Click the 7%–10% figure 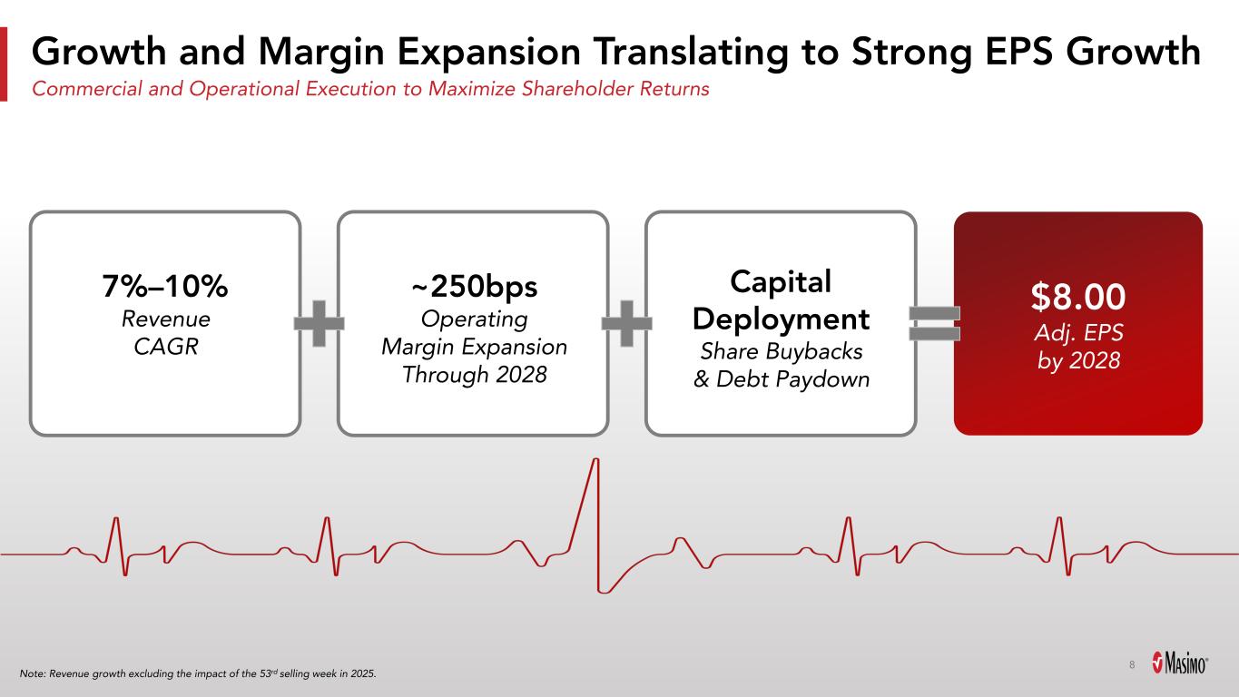pyautogui.click(x=165, y=286)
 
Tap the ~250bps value pyautogui.click(x=474, y=287)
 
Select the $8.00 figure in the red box pyautogui.click(x=1078, y=297)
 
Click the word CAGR pyautogui.click(x=166, y=347)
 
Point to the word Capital pyautogui.click(x=781, y=282)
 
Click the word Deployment pyautogui.click(x=781, y=319)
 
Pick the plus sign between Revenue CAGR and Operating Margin pyautogui.click(x=319, y=324)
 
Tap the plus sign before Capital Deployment pyautogui.click(x=626, y=324)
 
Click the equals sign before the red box pyautogui.click(x=935, y=324)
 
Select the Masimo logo pyautogui.click(x=1180, y=663)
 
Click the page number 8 pyautogui.click(x=1132, y=664)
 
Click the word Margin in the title pyautogui.click(x=320, y=53)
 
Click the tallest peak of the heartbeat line pyautogui.click(x=595, y=459)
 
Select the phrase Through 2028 pyautogui.click(x=474, y=375)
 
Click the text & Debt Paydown pyautogui.click(x=781, y=379)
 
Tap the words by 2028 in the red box pyautogui.click(x=1078, y=361)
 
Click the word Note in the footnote pyautogui.click(x=32, y=673)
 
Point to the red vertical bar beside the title pyautogui.click(x=4, y=64)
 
